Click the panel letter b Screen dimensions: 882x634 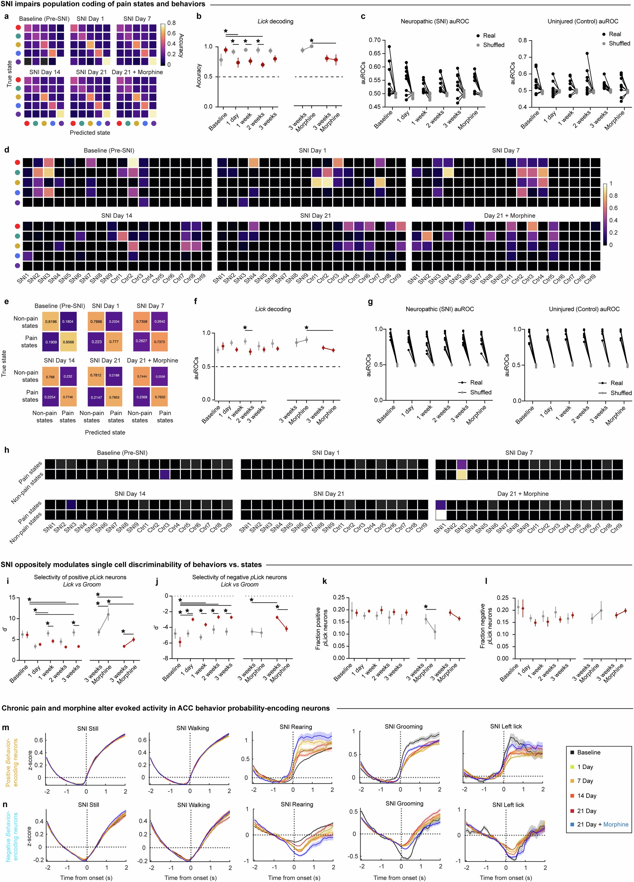199,17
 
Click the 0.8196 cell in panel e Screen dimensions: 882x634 50,322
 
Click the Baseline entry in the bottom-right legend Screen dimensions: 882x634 589,752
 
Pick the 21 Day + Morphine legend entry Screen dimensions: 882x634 602,824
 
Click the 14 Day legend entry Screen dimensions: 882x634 587,795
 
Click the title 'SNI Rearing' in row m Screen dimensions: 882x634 295,727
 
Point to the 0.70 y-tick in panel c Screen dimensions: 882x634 374,40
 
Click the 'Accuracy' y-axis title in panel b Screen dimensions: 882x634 198,75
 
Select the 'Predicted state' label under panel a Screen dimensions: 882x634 90,133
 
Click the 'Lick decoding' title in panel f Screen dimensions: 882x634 273,309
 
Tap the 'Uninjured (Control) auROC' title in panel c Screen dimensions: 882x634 583,21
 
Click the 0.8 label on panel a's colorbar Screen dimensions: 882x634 171,23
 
